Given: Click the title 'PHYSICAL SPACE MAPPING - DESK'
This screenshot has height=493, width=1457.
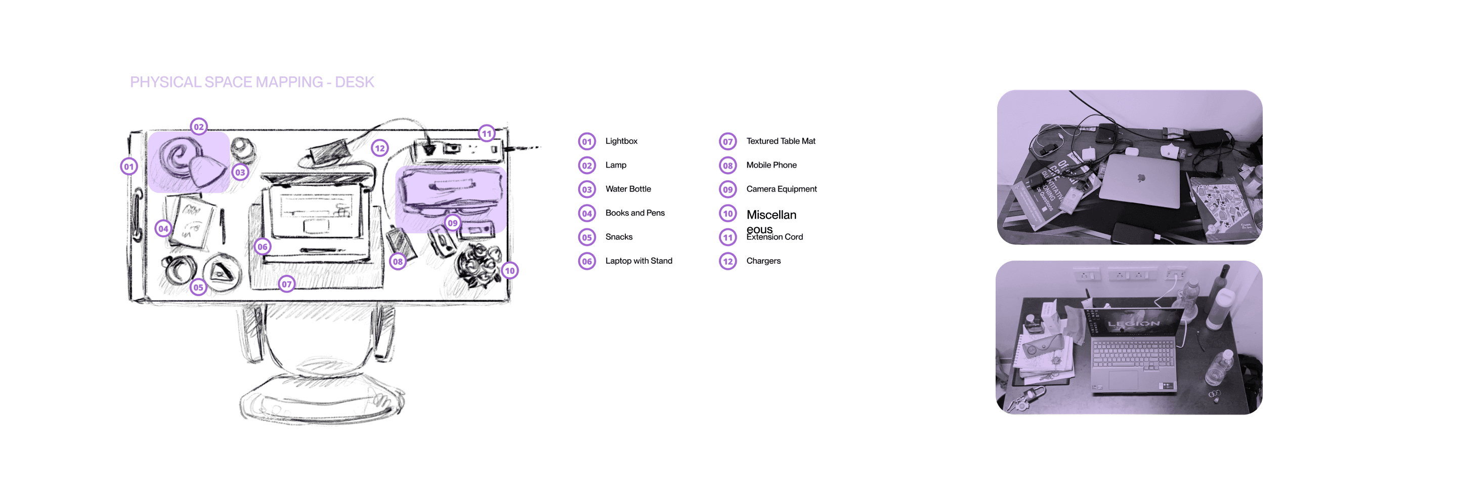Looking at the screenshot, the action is point(252,82).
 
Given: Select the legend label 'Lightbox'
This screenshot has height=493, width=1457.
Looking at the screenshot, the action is point(621,141).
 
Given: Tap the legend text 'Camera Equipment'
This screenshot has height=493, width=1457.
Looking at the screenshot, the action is point(781,189).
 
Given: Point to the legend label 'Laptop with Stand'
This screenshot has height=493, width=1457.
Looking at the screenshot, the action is point(638,261).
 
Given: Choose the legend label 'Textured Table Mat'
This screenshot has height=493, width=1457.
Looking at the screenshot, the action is point(781,141).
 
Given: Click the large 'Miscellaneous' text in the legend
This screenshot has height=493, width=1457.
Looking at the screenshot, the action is point(771,216).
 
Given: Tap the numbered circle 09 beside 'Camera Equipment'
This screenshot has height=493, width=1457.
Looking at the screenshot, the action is point(728,190).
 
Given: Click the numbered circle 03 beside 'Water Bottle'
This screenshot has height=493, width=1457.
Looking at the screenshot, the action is point(587,190).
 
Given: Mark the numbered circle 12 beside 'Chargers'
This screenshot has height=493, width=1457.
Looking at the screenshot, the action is point(728,262).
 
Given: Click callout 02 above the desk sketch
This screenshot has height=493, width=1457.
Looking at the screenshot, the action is point(198,127).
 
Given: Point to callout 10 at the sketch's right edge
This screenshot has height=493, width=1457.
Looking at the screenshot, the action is point(509,271).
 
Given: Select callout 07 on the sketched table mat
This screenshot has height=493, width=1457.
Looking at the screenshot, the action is point(287,284).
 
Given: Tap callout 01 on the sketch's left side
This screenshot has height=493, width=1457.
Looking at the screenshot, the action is point(129,167).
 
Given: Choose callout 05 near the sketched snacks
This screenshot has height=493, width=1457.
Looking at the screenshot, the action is point(198,287).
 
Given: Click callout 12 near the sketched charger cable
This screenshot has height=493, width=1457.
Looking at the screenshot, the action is point(379,148).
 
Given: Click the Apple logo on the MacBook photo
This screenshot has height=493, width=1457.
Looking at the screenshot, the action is point(1141,178).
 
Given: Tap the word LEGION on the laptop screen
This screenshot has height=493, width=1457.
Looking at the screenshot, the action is point(1133,324).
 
